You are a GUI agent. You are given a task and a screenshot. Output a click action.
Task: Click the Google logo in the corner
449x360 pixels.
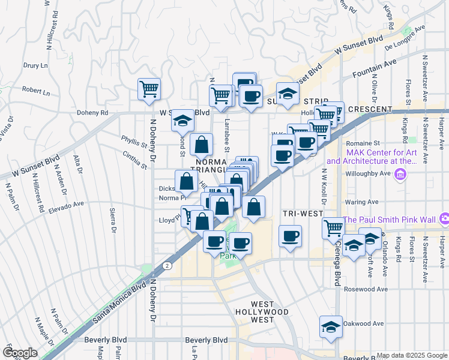19,353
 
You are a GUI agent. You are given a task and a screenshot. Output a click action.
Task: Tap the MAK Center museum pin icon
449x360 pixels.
402,174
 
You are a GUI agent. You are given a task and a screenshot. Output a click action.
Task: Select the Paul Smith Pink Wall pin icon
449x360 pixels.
444,218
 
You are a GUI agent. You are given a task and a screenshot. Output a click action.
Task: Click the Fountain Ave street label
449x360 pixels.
375,67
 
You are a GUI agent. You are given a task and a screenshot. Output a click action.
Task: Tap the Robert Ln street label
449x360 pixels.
36,92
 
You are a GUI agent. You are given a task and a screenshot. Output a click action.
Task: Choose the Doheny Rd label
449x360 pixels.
91,112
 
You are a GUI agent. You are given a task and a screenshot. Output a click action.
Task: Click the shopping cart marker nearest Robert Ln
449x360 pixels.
149,89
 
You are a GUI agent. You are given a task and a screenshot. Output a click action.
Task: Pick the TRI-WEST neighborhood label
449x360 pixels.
303,214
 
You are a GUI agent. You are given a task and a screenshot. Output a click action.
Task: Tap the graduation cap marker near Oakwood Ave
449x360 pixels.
331,326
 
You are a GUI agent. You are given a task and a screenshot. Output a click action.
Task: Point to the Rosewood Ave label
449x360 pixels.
366,289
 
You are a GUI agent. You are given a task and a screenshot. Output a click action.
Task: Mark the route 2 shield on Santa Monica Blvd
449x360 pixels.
166,265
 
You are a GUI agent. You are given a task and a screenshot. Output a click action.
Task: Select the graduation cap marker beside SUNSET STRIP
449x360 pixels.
288,94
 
